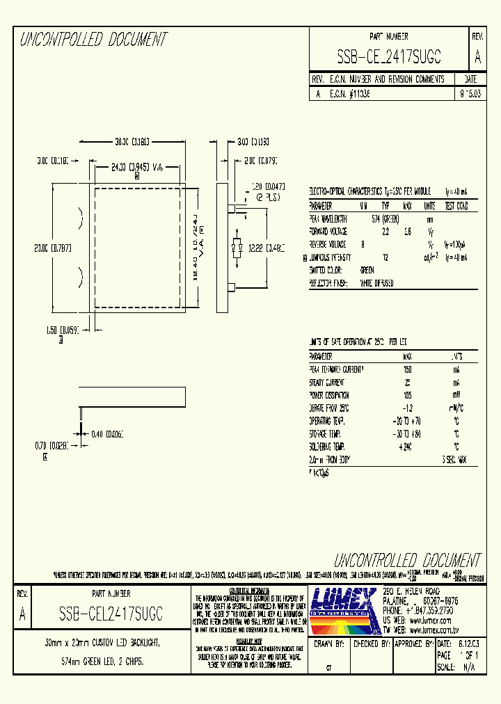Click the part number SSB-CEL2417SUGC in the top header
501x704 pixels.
click(389, 56)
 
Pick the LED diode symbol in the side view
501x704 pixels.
click(239, 247)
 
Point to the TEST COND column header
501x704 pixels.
click(456, 206)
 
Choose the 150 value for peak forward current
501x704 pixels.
click(407, 369)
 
